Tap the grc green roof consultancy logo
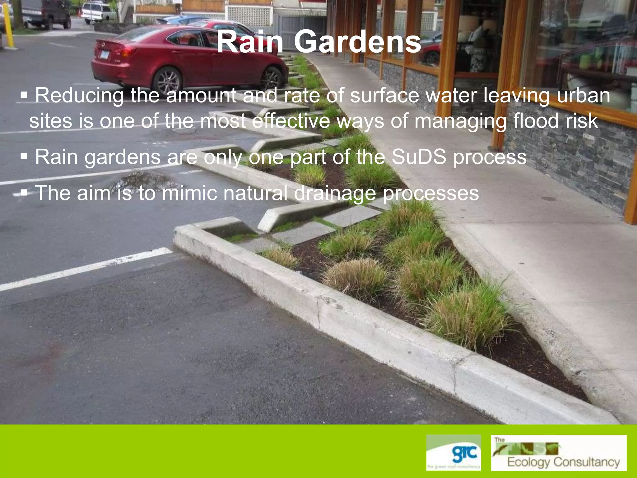(x=453, y=452)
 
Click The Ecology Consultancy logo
(x=559, y=452)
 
